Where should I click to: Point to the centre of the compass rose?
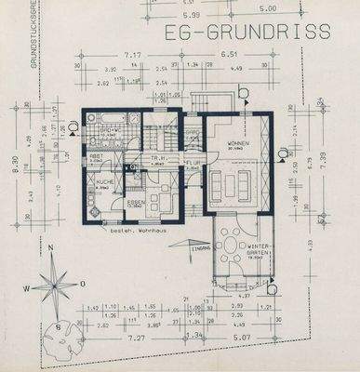click(x=57, y=281)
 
